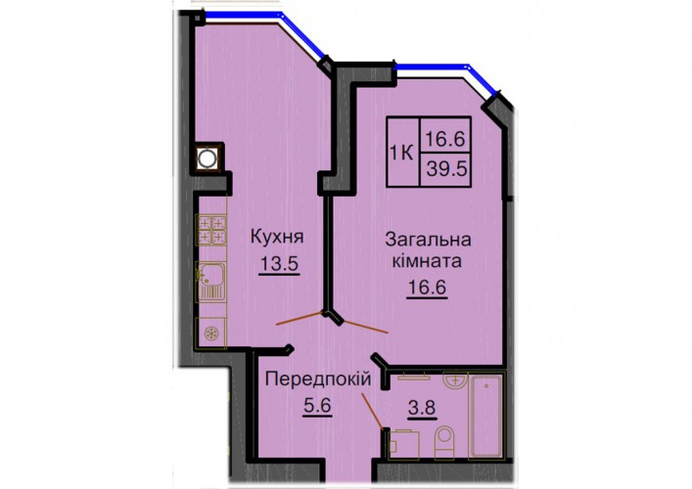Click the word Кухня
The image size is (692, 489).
(277, 238)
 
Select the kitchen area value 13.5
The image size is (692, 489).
(279, 264)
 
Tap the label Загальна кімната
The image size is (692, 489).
(428, 250)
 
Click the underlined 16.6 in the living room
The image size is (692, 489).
(427, 288)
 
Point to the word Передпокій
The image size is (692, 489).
(318, 379)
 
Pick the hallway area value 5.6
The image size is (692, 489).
(318, 405)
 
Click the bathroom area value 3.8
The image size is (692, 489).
(422, 408)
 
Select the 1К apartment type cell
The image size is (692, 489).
(402, 153)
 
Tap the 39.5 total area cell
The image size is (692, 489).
(445, 169)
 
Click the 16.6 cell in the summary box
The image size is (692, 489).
(445, 135)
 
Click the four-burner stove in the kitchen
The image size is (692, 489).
(211, 229)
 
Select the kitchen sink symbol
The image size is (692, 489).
(211, 282)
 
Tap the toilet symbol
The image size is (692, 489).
(444, 442)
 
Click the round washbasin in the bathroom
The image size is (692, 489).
(454, 381)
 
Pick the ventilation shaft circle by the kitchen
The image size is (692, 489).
(207, 158)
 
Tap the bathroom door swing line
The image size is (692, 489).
(372, 411)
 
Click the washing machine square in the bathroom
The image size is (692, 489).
(404, 444)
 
